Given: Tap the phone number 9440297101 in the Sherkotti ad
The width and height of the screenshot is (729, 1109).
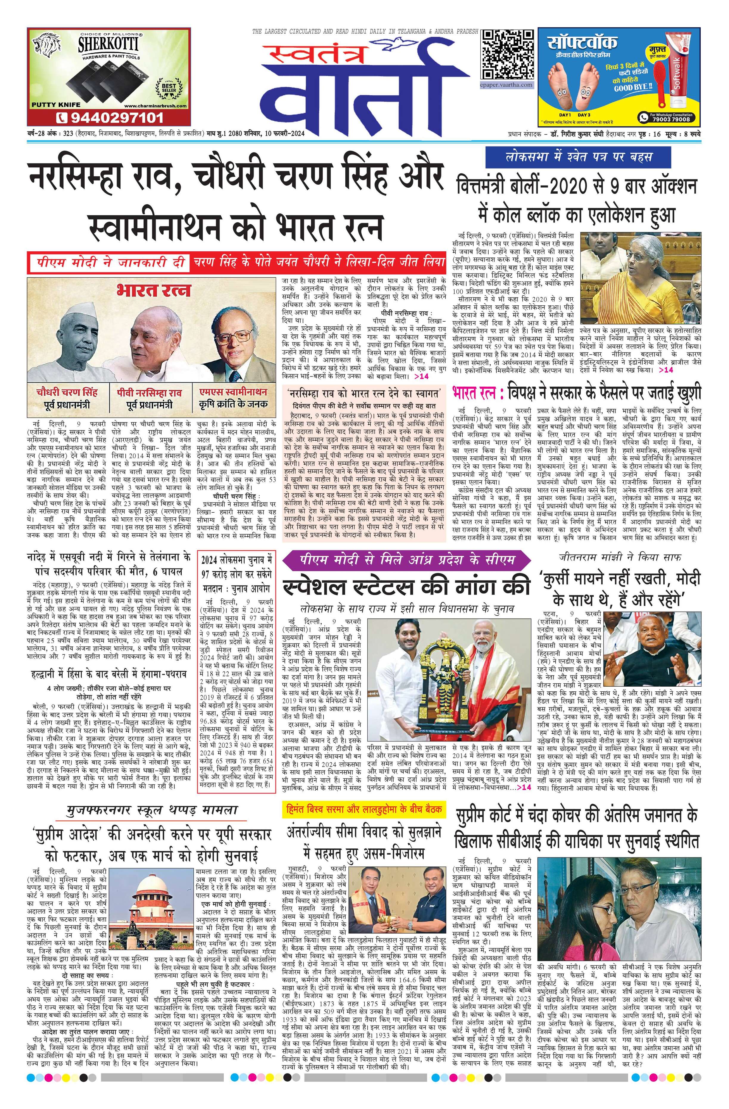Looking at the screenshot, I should [x=110, y=117].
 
